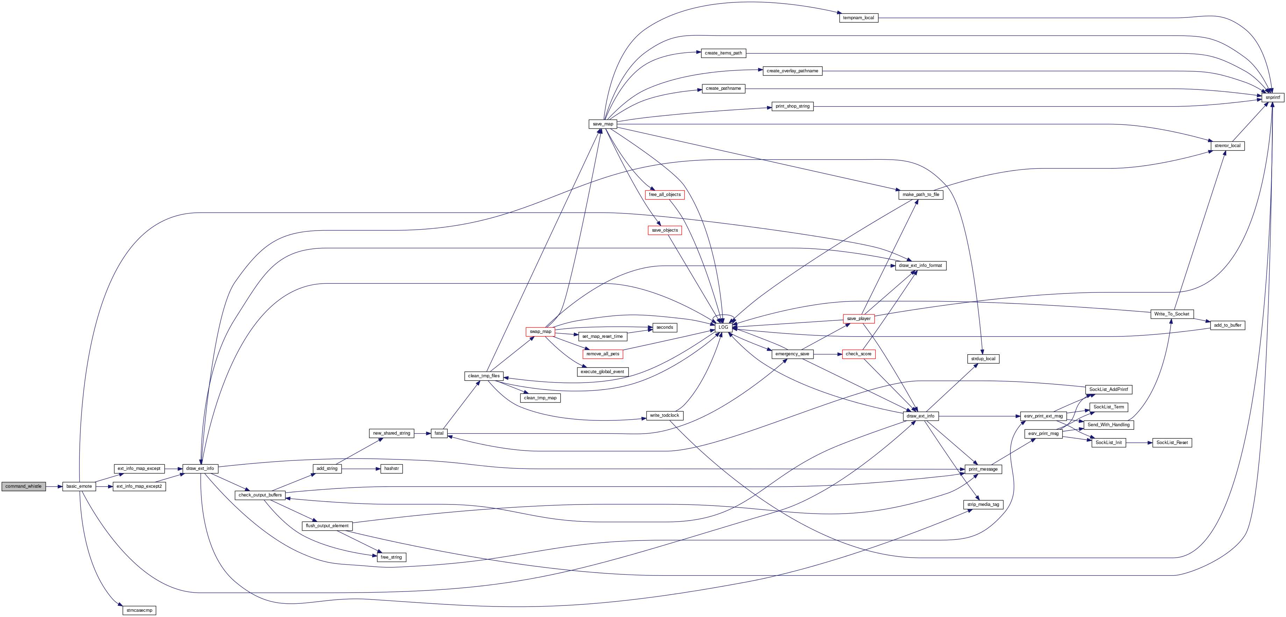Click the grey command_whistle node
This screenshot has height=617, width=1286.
(x=23, y=486)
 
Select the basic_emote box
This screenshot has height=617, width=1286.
(x=79, y=486)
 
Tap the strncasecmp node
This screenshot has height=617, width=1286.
(x=139, y=610)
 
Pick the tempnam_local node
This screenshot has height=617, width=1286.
(x=858, y=18)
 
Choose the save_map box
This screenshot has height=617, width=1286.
(x=603, y=124)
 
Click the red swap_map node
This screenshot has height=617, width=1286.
(x=540, y=332)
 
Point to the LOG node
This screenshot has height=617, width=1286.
(x=723, y=327)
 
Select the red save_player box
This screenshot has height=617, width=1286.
(x=858, y=319)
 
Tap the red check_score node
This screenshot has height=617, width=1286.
(x=858, y=354)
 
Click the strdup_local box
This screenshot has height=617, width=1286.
(x=983, y=358)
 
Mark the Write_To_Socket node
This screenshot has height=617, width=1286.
(x=1172, y=314)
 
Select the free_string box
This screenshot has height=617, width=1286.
(x=391, y=557)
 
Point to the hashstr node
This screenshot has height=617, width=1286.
(x=391, y=469)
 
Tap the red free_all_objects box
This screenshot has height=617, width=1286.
(x=665, y=195)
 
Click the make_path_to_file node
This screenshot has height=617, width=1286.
(x=921, y=195)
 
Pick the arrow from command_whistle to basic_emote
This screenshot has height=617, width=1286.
(x=54, y=486)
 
